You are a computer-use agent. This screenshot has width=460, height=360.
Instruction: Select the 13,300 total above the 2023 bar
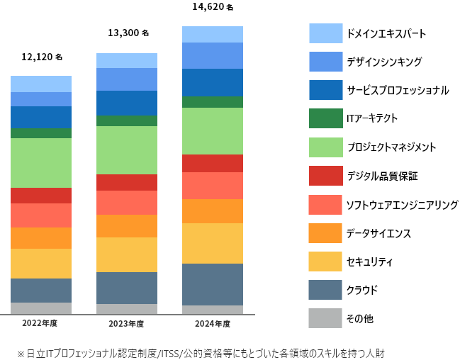point(128,33)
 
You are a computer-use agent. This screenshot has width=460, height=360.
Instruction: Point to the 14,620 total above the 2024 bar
point(212,7)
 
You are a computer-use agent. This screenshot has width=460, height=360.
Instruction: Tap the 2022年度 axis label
point(40,323)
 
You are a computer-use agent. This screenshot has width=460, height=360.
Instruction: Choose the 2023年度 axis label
point(126,323)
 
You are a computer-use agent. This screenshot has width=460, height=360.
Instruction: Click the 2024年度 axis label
point(213,323)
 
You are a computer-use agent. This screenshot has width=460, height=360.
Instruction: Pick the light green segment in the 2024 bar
point(213,131)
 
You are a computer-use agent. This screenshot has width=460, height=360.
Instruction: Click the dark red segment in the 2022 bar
point(41,196)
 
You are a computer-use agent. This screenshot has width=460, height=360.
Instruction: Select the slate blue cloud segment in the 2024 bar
point(213,284)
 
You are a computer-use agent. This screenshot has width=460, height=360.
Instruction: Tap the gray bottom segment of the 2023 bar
point(127,309)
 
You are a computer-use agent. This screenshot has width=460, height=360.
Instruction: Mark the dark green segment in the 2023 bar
point(127,120)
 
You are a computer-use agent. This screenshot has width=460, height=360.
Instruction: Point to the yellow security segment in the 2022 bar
point(41,264)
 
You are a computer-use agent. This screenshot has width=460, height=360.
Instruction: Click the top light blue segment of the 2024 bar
point(213,34)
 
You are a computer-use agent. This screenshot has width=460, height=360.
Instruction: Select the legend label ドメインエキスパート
point(386,33)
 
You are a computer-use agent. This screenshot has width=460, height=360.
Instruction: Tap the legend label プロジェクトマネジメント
point(391,147)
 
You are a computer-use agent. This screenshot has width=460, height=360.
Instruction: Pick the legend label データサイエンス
point(378,233)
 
